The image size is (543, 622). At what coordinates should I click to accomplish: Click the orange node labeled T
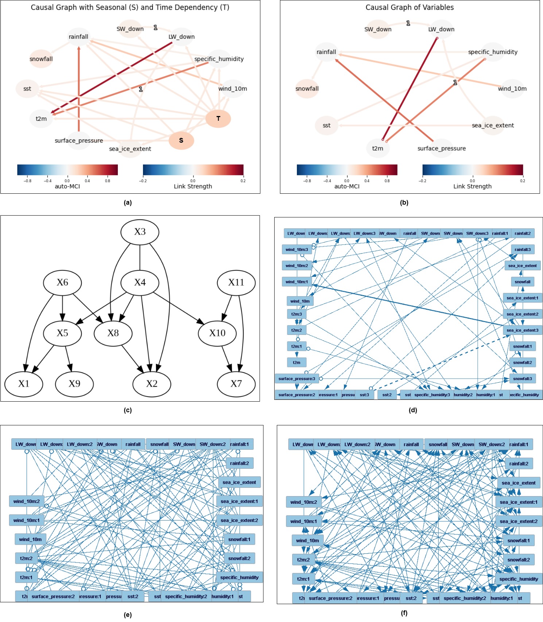(x=218, y=119)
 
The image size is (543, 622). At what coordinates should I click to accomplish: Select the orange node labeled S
(x=181, y=140)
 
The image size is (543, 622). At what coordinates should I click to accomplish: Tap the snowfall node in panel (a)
(x=41, y=59)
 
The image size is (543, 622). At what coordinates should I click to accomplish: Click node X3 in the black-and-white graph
(x=140, y=232)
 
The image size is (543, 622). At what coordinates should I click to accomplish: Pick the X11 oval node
(x=236, y=282)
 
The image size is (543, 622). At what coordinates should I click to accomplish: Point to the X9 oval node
(x=74, y=384)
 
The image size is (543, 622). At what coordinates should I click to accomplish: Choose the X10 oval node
(x=217, y=333)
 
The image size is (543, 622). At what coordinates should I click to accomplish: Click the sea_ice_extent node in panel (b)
(x=493, y=125)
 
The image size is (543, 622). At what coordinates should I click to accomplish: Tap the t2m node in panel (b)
(x=377, y=148)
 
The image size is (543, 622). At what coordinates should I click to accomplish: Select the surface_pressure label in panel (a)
(x=79, y=141)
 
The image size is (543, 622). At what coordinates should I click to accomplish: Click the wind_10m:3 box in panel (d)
(x=296, y=250)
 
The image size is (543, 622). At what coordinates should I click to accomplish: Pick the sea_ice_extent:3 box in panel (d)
(x=522, y=330)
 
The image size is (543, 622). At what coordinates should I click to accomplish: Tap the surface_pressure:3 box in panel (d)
(x=296, y=379)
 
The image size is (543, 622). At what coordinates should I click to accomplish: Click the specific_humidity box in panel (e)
(x=239, y=577)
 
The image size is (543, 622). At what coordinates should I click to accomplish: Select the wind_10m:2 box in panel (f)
(x=303, y=502)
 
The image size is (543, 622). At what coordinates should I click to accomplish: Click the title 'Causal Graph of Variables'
(x=410, y=7)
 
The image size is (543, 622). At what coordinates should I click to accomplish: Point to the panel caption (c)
(x=128, y=410)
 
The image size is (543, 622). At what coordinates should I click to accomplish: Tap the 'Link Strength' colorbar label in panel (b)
(x=472, y=186)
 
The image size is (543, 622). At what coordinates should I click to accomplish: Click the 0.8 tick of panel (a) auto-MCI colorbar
(x=108, y=181)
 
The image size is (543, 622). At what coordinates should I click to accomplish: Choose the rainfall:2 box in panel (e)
(x=239, y=463)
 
